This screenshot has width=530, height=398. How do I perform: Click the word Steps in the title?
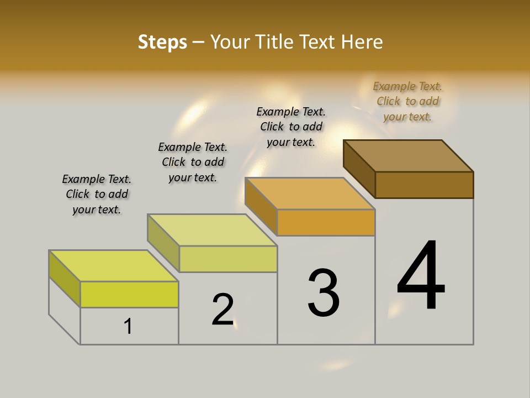(x=162, y=42)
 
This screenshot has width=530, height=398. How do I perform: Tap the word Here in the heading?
(x=362, y=42)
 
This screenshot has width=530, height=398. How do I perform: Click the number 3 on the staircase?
(x=323, y=292)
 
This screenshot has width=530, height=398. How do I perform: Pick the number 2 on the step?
(x=223, y=309)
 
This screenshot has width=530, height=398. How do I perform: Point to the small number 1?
(x=128, y=327)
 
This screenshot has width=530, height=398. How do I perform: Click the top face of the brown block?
(x=409, y=155)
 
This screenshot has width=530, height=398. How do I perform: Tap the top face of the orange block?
(x=310, y=193)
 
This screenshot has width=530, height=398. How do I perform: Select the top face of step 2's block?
(x=212, y=229)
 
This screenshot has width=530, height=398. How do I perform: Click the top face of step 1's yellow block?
(x=114, y=266)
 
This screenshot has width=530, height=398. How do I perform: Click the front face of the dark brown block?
(x=424, y=185)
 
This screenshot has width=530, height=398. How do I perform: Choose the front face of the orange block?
(x=326, y=222)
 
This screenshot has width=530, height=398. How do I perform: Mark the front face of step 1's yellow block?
(x=129, y=294)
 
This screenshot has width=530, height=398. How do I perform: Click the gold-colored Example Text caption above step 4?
(x=407, y=101)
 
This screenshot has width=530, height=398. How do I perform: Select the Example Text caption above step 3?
(x=291, y=127)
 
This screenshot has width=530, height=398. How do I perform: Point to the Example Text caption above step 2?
(x=193, y=162)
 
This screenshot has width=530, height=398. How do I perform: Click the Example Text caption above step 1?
(x=97, y=194)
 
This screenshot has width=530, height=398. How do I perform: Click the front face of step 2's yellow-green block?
(x=228, y=259)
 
